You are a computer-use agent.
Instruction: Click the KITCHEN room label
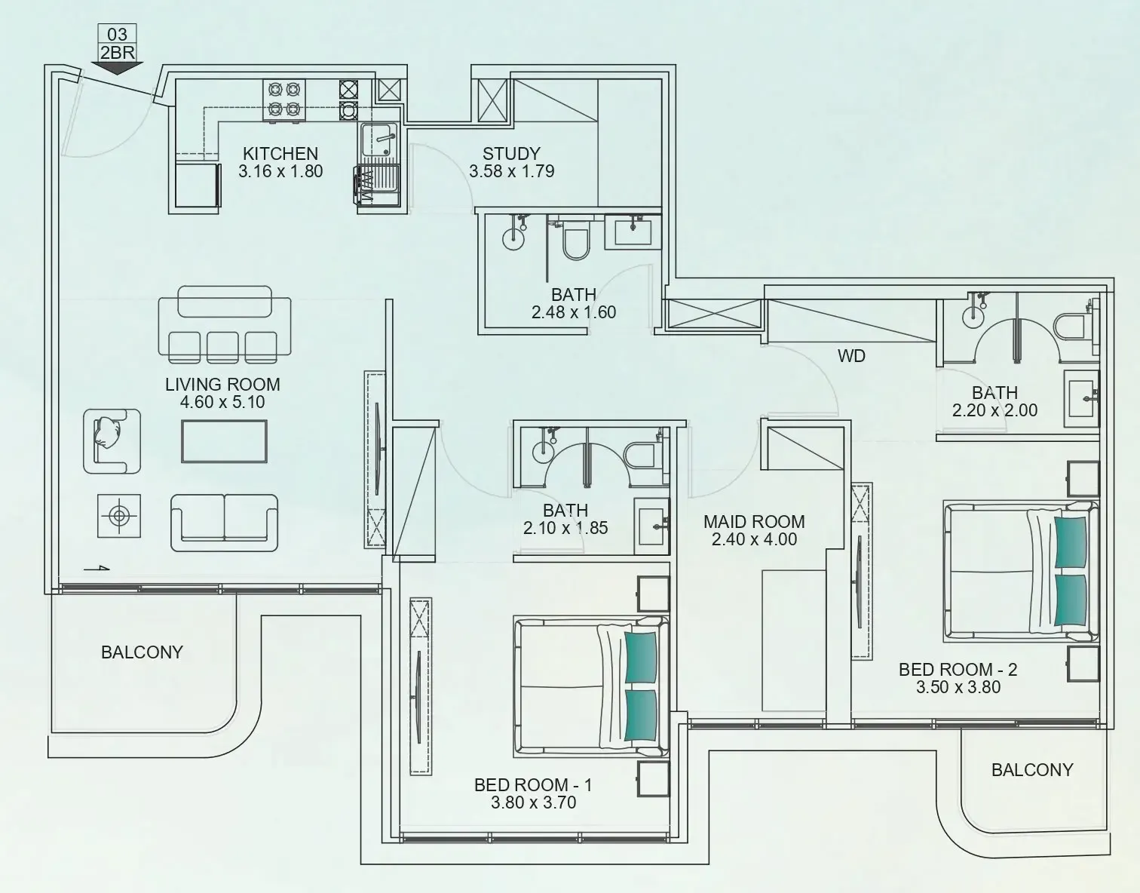point(280,153)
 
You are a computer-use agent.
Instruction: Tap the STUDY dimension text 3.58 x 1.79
point(511,171)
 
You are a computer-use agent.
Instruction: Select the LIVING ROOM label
point(222,384)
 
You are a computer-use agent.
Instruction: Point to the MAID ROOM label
point(754,521)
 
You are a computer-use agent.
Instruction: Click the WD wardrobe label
point(851,356)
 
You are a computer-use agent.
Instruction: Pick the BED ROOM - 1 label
point(533,785)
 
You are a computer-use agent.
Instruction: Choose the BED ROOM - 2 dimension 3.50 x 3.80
point(958,687)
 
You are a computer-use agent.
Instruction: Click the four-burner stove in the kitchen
point(283,100)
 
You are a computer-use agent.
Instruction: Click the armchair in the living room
point(112,440)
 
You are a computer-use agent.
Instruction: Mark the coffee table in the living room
point(223,440)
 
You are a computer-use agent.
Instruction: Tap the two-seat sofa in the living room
point(224,522)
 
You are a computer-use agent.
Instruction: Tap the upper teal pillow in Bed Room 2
point(1071,541)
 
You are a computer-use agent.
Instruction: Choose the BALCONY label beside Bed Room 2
point(1031,770)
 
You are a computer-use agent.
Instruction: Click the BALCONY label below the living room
point(142,652)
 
